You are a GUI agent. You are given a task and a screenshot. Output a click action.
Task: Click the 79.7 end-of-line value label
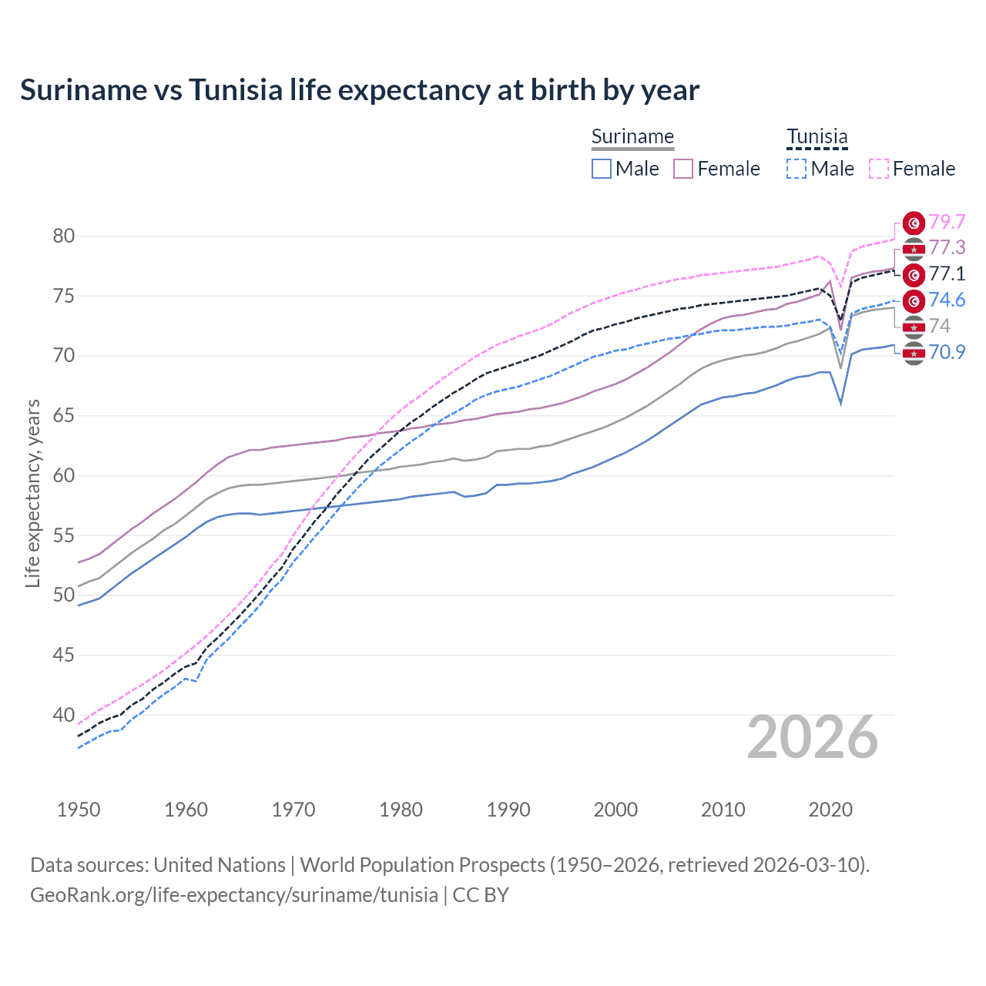pyautogui.click(x=947, y=222)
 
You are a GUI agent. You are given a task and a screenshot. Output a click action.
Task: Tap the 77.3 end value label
pyautogui.click(x=947, y=247)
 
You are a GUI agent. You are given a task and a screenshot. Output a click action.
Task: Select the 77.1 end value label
pyautogui.click(x=947, y=273)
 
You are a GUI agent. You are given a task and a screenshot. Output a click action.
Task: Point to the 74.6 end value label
pyautogui.click(x=947, y=300)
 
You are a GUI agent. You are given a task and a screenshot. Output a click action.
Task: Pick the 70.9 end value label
pyautogui.click(x=947, y=352)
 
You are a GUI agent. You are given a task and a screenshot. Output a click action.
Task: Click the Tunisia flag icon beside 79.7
pyautogui.click(x=914, y=223)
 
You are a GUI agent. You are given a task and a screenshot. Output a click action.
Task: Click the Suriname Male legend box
pyautogui.click(x=602, y=169)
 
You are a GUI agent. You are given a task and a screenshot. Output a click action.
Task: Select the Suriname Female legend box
pyautogui.click(x=683, y=169)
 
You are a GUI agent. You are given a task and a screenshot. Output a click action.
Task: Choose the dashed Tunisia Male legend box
pyautogui.click(x=797, y=169)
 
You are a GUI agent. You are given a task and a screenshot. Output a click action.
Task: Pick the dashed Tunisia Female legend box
pyautogui.click(x=878, y=169)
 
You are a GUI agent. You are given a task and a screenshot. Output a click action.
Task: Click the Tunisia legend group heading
pyautogui.click(x=817, y=137)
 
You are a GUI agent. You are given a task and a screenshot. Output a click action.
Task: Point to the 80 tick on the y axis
pyautogui.click(x=64, y=236)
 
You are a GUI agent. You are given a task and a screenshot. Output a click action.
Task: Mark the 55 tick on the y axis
pyautogui.click(x=64, y=535)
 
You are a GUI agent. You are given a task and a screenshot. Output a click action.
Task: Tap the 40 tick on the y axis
pyautogui.click(x=64, y=715)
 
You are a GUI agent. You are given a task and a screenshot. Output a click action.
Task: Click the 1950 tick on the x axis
pyautogui.click(x=79, y=810)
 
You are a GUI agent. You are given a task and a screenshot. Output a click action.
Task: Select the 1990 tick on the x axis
pyautogui.click(x=508, y=810)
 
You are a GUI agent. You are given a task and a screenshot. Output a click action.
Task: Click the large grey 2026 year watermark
pyautogui.click(x=813, y=737)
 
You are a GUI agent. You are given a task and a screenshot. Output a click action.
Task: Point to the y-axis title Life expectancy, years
pyautogui.click(x=32, y=493)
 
